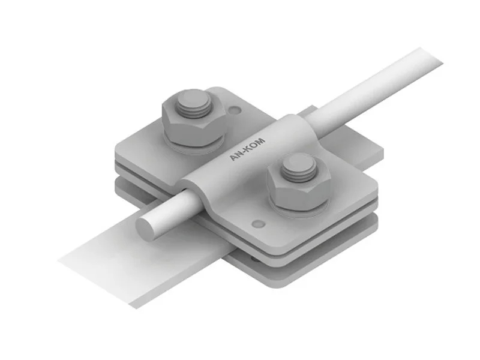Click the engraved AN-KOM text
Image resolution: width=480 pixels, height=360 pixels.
click(247, 149)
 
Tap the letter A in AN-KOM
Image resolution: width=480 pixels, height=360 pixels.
click(233, 158)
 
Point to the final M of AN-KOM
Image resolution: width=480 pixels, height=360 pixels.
click(261, 142)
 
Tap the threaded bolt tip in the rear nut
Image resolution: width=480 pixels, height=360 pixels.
click(193, 104)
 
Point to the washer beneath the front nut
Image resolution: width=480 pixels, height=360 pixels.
click(299, 209)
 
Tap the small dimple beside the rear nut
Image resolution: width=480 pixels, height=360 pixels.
click(235, 109)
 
